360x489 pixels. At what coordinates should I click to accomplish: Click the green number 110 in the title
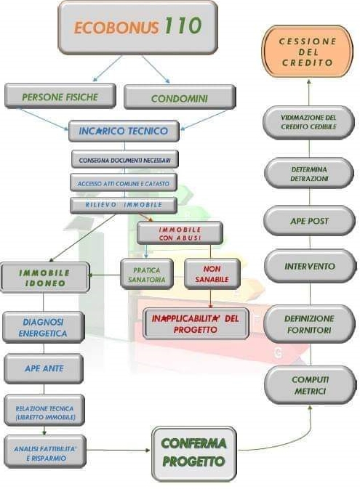[x=183, y=25]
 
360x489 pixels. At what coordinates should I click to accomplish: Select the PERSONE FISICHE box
[x=60, y=96]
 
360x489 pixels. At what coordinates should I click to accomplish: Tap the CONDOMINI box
[x=180, y=97]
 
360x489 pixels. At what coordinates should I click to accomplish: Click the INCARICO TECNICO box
[x=124, y=131]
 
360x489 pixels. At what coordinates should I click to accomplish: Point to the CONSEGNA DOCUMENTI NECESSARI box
[x=125, y=160]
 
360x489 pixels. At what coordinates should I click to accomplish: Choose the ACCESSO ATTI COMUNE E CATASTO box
[x=124, y=182]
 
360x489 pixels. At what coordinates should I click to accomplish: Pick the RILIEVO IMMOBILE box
[x=124, y=205]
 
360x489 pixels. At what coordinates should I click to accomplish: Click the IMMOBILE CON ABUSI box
[x=180, y=233]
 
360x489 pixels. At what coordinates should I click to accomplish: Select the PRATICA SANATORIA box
[x=147, y=274]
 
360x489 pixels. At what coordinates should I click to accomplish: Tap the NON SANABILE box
[x=212, y=273]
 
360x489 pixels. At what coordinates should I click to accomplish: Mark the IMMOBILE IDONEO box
[x=45, y=278]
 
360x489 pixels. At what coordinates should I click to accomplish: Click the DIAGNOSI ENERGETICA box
[x=43, y=327]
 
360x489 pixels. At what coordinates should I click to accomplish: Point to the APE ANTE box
[x=44, y=368]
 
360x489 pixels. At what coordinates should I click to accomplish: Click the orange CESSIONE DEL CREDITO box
[x=308, y=52]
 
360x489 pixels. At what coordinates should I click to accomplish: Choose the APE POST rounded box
[x=309, y=221]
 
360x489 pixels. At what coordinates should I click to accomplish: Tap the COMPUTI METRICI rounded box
[x=310, y=386]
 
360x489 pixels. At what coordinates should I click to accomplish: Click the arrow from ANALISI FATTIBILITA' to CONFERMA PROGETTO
[x=118, y=450]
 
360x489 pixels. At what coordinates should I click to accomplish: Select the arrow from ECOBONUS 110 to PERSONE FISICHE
[x=107, y=68]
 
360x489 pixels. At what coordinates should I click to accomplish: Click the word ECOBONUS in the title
[x=116, y=28]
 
